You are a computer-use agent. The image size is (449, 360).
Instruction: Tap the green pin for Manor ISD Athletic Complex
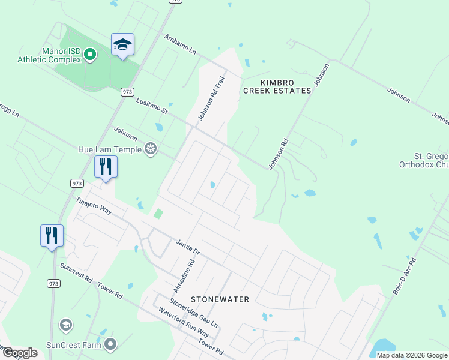[90, 55]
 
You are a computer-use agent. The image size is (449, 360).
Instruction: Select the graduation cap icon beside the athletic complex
[122, 45]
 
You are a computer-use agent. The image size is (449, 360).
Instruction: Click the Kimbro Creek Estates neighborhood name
[277, 86]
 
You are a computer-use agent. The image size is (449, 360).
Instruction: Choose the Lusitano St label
[151, 107]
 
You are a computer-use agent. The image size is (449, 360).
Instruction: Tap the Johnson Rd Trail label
[212, 98]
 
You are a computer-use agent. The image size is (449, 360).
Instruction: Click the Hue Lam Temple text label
[110, 149]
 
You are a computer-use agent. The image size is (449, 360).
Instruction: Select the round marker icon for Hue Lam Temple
[151, 149]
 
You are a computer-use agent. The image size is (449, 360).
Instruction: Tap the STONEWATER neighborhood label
[220, 299]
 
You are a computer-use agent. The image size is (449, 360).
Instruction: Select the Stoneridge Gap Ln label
[193, 313]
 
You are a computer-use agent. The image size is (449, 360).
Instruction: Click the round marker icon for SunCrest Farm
[110, 344]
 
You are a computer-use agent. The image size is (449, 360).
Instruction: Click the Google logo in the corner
[19, 353]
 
